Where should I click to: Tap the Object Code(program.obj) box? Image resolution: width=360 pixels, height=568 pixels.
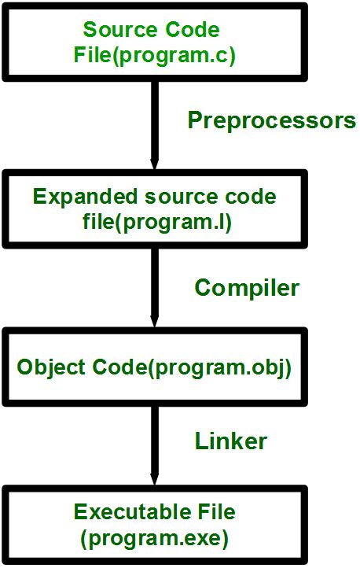pos(154,367)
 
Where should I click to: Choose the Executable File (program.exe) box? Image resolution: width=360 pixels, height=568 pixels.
pos(154,525)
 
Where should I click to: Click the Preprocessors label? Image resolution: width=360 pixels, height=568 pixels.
pos(272,121)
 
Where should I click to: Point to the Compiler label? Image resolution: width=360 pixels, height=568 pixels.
pos(247,288)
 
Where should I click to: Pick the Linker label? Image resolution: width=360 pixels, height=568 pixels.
pos(231,441)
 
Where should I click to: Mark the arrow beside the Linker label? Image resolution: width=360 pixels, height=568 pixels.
pos(154,444)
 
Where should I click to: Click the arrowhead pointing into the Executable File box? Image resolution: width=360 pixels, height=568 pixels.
pos(154,479)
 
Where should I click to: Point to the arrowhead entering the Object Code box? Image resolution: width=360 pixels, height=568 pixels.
pos(154,324)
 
